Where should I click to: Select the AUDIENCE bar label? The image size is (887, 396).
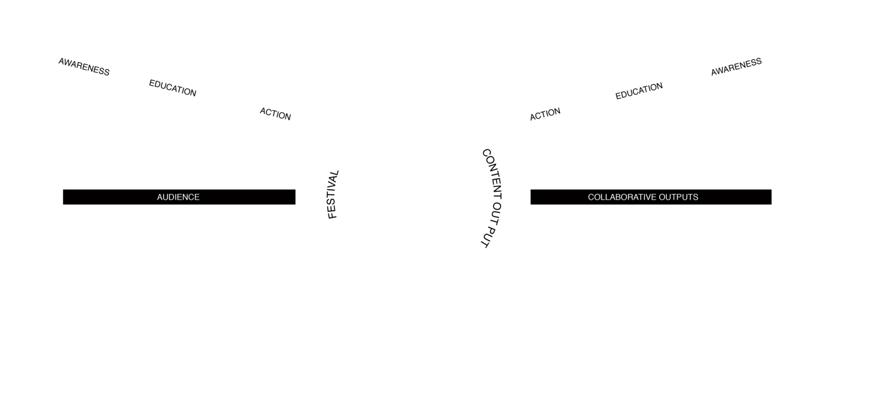(178, 197)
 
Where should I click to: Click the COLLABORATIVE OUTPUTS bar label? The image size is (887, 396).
(650, 197)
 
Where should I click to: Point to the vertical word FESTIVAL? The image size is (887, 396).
(333, 195)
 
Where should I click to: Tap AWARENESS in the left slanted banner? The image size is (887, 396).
(84, 67)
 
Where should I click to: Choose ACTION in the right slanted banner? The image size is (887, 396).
(545, 114)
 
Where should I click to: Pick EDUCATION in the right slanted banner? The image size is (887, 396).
(639, 92)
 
